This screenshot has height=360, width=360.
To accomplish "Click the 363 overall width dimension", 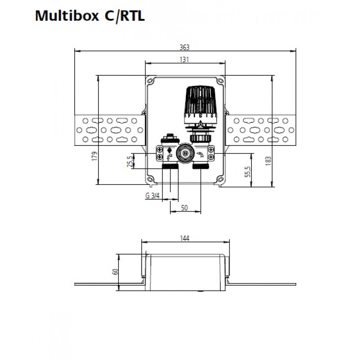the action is point(184,47).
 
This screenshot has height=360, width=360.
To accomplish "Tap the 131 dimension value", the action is point(184,60).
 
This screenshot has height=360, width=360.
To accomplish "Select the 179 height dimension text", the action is point(94,156).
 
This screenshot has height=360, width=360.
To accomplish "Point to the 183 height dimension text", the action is point(268,161).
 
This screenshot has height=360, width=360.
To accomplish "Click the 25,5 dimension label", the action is point(130,161).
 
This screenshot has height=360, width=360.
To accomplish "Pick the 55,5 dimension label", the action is point(248,171).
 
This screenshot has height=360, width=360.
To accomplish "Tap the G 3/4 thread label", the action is point(152,196).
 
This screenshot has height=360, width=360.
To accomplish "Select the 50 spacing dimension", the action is point(184,208).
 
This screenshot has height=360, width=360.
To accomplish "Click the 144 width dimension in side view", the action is point(184,238).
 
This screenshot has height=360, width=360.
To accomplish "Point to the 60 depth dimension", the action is point(115,272).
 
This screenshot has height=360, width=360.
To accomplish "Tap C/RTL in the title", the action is point(125,16).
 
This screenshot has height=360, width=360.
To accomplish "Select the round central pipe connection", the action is point(185,153).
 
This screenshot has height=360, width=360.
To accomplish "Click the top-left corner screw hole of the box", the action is point(150,81).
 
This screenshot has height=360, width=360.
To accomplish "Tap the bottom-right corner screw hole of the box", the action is point(220,179).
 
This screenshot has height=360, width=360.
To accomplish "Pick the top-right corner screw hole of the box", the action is point(220,81).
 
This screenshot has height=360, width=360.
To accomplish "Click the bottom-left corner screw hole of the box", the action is point(150,179).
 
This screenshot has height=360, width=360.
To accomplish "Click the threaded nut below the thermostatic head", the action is point(200,138).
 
